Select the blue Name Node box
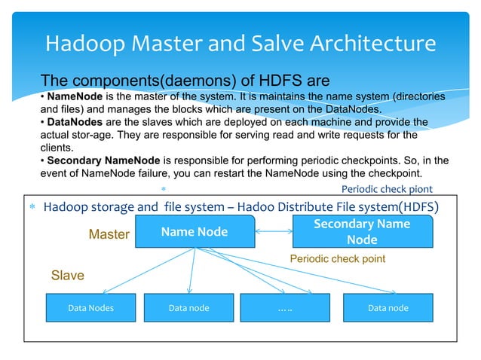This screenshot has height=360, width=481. coord(194,232)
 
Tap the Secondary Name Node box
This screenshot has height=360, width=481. coord(362,232)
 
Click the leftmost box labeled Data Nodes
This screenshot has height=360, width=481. coord(90,308)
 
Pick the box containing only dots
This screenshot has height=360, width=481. coord(284,308)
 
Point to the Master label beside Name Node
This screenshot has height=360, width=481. coord(109,235)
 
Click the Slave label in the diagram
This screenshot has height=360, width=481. coord(67,275)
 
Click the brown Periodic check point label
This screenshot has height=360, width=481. coord(337,258)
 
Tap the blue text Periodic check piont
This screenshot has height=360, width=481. coord(387,189)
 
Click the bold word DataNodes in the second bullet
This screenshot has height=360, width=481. coord(72,121)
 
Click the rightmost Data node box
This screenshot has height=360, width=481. coord(388,308)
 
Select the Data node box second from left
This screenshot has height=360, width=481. coord(188,308)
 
